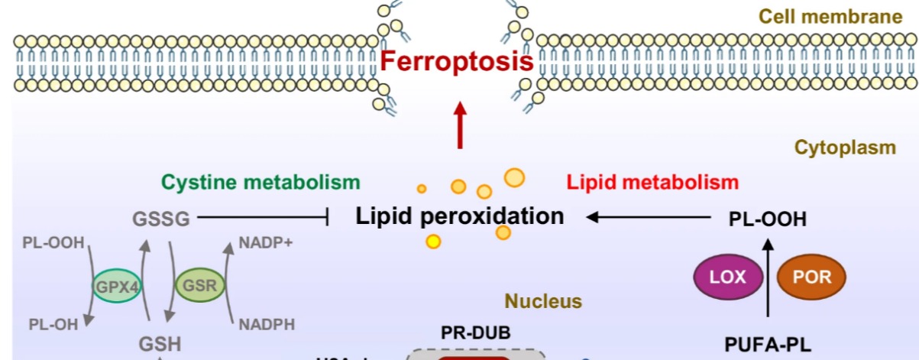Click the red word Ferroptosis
[x=456, y=60]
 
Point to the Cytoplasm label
[x=845, y=148]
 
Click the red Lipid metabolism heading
[x=652, y=182]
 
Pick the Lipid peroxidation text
[x=460, y=216]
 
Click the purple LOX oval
[x=729, y=277]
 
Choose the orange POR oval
[x=811, y=277]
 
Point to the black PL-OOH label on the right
[x=767, y=220]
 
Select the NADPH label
[x=267, y=324]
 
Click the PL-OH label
[x=53, y=325]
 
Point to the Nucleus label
[x=543, y=302]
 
